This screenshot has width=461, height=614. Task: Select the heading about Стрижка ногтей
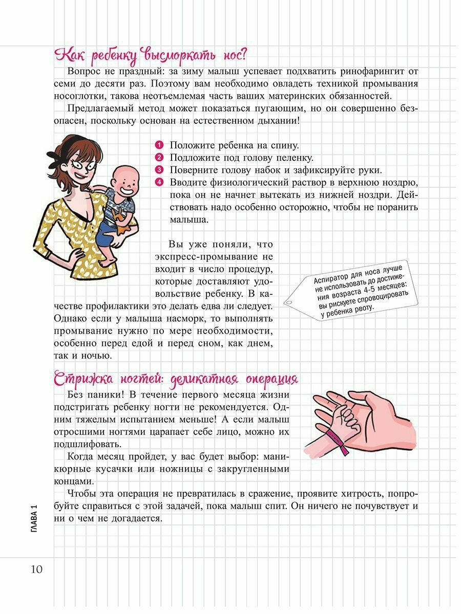pos(176,380)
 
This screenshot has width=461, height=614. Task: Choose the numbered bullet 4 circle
pos(159,182)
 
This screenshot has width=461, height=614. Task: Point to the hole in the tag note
pos(288,302)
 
